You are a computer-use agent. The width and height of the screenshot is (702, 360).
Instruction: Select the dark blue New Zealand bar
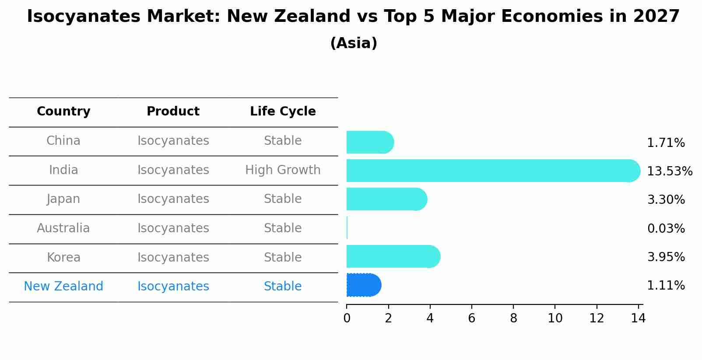(364, 285)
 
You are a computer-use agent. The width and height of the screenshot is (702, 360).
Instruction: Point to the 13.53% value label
(670, 171)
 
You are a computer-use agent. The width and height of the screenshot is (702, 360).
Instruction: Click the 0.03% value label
(666, 228)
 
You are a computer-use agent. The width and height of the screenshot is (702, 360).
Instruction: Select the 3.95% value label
(666, 257)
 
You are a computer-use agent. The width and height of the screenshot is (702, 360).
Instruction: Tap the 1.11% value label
(666, 286)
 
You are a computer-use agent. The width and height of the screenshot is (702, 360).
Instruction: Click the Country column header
(63, 112)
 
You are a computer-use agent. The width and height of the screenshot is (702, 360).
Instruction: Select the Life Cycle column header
(283, 112)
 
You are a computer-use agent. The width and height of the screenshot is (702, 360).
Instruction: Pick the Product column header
(173, 112)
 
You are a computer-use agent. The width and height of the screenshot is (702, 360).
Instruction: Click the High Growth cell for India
(283, 170)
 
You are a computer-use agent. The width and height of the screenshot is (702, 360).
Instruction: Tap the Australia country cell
(63, 228)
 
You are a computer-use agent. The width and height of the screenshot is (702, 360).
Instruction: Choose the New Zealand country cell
(63, 287)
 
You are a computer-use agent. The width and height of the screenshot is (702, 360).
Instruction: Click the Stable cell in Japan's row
(283, 199)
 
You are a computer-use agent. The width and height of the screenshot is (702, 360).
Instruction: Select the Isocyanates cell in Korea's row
(173, 257)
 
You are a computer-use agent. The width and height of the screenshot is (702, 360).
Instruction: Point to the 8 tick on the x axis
(513, 318)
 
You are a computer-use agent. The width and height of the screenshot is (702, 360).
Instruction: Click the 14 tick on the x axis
(639, 318)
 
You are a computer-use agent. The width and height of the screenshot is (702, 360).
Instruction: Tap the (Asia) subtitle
(354, 43)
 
